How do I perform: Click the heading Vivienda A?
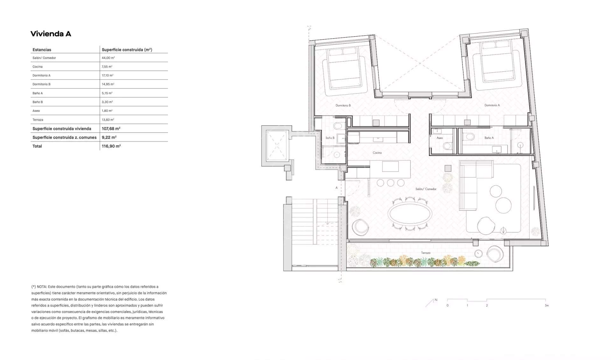51,34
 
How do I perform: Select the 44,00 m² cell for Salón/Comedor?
108,58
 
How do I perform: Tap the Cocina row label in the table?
38,67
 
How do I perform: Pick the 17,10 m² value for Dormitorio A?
108,75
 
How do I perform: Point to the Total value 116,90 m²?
111,146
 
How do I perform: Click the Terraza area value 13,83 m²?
108,120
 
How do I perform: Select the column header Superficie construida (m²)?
127,50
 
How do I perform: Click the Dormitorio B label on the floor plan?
343,105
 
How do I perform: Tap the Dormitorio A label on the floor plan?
492,105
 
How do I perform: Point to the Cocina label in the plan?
377,153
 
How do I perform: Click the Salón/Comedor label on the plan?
426,189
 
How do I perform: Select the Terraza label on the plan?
426,253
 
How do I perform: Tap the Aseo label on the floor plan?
439,138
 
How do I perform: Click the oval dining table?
410,213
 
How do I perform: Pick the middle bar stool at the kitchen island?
390,183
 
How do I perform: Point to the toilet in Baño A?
469,137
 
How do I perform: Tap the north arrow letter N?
436,300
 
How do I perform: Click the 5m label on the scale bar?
547,306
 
